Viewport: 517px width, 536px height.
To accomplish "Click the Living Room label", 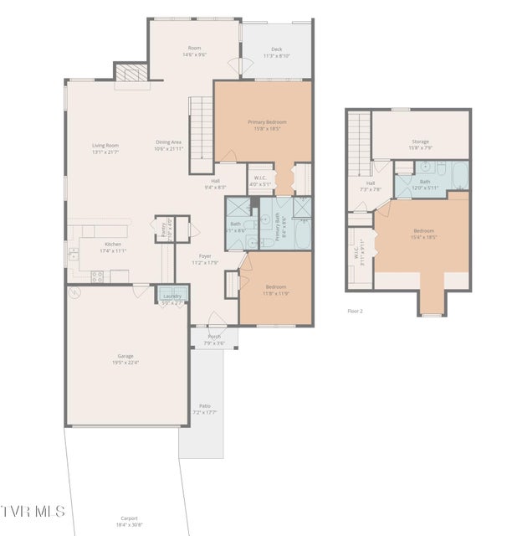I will click(x=105, y=145).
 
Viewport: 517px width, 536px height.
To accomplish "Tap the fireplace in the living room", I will click(x=130, y=75).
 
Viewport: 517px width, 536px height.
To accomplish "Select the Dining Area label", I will click(x=168, y=142).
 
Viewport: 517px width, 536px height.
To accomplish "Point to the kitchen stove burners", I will click(x=97, y=274).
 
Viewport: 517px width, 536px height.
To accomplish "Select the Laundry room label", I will click(x=173, y=296).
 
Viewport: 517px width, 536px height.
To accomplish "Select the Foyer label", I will click(x=205, y=255).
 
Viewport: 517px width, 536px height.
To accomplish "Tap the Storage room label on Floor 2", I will click(x=420, y=142).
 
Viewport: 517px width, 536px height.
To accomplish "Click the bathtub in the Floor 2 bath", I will click(x=459, y=174).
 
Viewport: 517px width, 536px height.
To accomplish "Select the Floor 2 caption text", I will click(x=356, y=311).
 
